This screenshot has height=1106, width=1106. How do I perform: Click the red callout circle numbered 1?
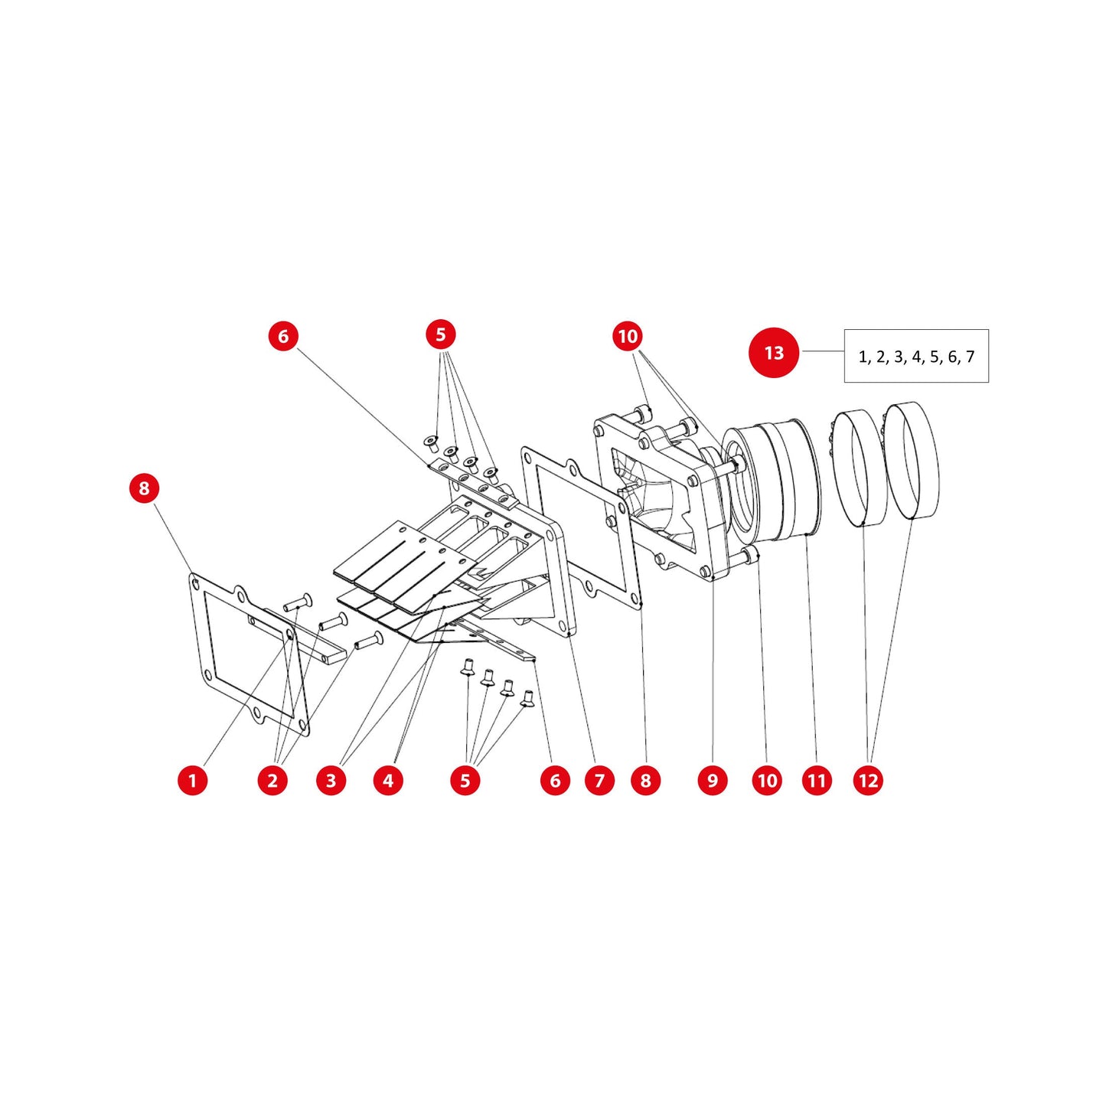192,780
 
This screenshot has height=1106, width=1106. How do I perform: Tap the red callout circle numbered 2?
272,780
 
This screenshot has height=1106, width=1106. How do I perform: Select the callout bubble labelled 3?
331,780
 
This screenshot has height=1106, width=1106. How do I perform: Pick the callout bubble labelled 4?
388,780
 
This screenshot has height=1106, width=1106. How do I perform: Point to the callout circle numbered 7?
599,780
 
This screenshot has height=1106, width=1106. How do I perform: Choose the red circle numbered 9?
713,780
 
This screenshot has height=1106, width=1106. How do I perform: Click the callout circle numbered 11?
817,780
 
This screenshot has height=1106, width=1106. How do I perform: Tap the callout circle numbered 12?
868,780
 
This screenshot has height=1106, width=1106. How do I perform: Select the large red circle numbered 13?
773,353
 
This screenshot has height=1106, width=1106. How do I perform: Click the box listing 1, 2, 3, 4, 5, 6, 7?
915,356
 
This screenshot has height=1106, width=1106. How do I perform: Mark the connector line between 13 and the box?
822,352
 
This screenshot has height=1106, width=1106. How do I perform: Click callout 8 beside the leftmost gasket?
144,488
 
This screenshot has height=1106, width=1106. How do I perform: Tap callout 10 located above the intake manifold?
628,336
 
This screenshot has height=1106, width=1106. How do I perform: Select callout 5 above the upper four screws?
440,334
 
